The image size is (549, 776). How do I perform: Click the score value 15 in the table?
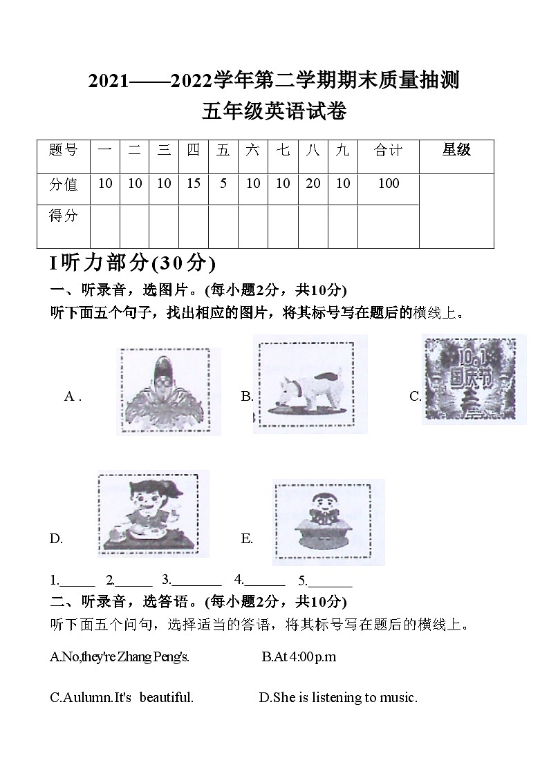click(x=193, y=183)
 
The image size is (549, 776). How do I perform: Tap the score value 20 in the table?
click(x=313, y=183)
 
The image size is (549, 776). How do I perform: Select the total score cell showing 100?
click(x=389, y=183)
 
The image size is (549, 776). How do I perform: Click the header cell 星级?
click(x=456, y=150)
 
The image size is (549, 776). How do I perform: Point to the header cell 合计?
click(x=389, y=150)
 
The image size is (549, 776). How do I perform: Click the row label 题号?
click(x=64, y=150)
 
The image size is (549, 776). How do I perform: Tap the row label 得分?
click(x=64, y=216)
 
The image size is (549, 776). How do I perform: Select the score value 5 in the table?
click(x=223, y=183)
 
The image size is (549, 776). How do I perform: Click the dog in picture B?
click(x=310, y=386)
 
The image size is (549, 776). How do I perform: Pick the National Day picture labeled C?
click(x=474, y=379)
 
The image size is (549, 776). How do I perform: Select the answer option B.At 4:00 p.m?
click(x=299, y=656)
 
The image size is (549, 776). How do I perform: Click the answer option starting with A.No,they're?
click(x=120, y=656)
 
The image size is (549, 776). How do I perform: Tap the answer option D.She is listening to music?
click(x=338, y=697)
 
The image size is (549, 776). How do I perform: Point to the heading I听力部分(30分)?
click(x=133, y=263)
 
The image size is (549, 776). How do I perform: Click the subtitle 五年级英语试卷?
click(x=274, y=111)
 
